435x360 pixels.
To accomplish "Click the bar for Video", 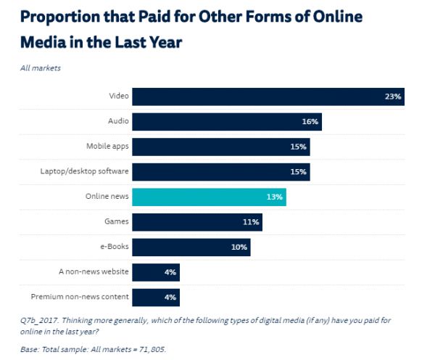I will coord(268,97).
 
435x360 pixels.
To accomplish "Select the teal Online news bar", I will coord(209,197).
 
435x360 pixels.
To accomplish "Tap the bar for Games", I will coord(196,222).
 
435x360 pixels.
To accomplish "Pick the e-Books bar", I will coord(191,247).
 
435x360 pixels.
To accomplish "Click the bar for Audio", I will coord(226,121).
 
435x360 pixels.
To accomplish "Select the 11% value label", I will coord(251,222).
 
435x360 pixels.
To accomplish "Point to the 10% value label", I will coord(239,247).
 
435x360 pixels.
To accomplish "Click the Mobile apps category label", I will coord(107,147).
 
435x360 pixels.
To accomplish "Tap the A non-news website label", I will coord(94,271).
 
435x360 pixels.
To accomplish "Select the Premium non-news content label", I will coord(80,297).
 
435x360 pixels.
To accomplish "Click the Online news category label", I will coord(107,197).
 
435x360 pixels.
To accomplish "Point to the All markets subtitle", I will coord(42,67).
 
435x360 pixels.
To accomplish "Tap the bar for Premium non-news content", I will coord(155,297).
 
